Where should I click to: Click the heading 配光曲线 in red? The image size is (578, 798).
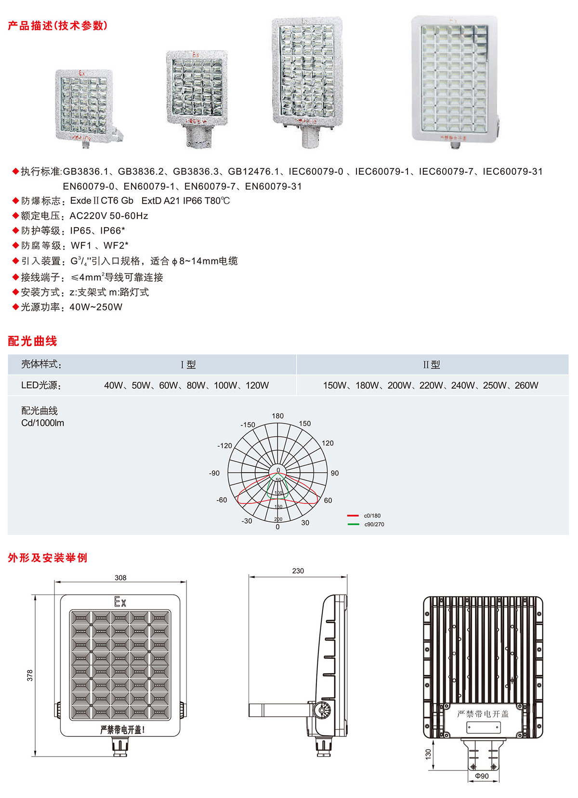click(32, 341)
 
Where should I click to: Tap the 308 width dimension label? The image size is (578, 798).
click(120, 578)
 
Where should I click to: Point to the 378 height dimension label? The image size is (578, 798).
click(30, 675)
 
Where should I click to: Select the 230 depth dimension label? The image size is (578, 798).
click(298, 571)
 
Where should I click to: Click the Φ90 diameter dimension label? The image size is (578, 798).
click(482, 776)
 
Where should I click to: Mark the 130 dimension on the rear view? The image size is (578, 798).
click(428, 754)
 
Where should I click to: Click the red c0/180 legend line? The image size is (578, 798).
click(353, 516)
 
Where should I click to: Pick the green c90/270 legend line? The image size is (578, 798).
click(353, 524)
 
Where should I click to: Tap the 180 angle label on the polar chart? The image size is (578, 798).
click(278, 416)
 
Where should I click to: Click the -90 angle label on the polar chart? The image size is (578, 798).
click(214, 473)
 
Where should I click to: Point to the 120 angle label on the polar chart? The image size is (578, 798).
click(328, 443)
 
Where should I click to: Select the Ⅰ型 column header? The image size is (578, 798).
click(188, 365)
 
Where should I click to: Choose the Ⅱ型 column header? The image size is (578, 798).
click(432, 365)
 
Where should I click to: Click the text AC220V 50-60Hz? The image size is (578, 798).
click(109, 216)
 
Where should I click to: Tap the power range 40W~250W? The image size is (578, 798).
click(96, 307)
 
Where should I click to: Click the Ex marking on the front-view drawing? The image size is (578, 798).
click(120, 602)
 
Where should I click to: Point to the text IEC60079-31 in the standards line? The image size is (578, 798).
click(512, 171)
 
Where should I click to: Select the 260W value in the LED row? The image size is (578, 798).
click(526, 386)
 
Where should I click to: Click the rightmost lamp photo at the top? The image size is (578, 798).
click(454, 81)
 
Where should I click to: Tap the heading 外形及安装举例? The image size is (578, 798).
click(47, 558)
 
